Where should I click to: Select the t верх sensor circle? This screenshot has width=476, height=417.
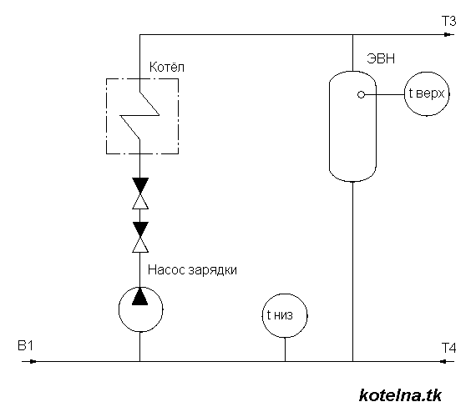tap(427, 95)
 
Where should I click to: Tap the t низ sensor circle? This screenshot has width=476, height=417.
tap(285, 315)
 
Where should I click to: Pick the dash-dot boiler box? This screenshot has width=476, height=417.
tap(140, 115)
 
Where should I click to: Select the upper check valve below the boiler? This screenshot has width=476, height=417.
tap(139, 193)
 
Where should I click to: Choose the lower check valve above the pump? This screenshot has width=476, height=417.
tap(139, 236)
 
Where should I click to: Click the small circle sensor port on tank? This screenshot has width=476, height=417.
tap(362, 95)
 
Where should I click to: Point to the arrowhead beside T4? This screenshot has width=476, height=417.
tap(442, 362)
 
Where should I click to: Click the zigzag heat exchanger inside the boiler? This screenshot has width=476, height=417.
tap(139, 114)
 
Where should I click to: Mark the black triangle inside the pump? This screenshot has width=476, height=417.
tap(139, 296)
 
